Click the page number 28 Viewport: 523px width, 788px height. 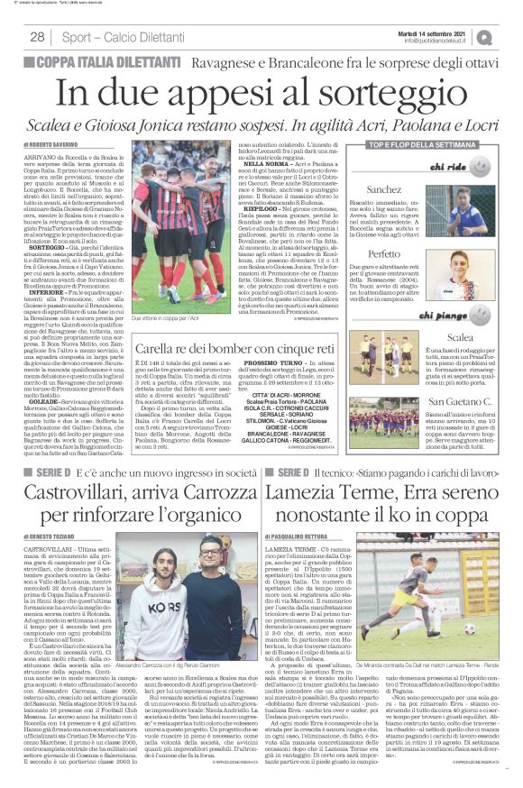[37, 37]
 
